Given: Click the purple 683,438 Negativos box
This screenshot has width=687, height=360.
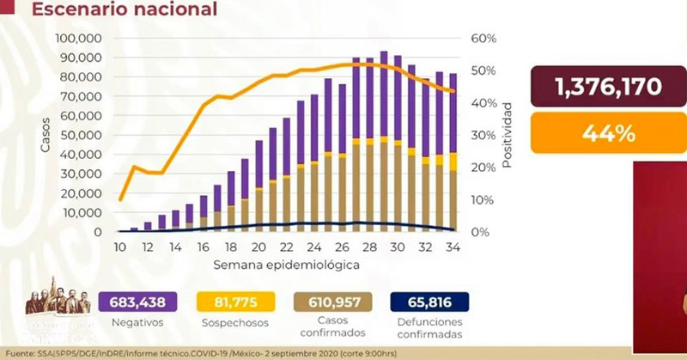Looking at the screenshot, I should coord(138,302).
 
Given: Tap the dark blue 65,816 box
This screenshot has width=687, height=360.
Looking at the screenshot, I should coord(429,302).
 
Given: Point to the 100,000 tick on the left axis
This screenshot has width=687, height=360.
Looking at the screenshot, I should coord(78,39).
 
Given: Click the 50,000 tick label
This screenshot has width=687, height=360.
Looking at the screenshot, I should coord(82,135).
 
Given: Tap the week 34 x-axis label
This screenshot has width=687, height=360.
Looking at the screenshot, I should coord(452,246).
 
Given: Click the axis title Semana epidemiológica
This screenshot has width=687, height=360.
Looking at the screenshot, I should coord(286,265).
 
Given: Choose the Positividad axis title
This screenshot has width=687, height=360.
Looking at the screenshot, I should coord(508,135).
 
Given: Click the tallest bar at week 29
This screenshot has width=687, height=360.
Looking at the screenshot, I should coord(383,142).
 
